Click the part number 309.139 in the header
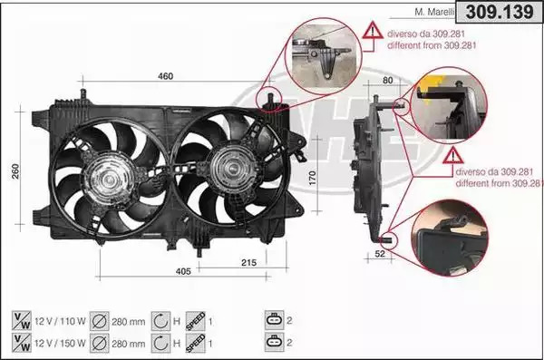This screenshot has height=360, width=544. pyautogui.click(x=500, y=12)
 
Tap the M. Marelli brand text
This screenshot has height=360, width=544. pyautogui.click(x=434, y=12)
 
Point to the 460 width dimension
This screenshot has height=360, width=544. pyautogui.click(x=166, y=76)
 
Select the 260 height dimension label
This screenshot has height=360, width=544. pyautogui.click(x=15, y=171)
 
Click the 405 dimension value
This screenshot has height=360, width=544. pyautogui.click(x=183, y=271)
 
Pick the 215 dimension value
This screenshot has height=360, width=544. pyautogui.click(x=248, y=263)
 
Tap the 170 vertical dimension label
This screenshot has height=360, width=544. pyautogui.click(x=312, y=178)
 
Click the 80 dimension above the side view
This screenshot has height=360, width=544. pyautogui.click(x=387, y=80)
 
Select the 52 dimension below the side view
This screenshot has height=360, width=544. pyautogui.click(x=380, y=254)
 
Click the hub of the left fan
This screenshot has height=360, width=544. pyautogui.click(x=109, y=180)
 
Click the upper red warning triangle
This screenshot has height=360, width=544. pyautogui.click(x=373, y=30)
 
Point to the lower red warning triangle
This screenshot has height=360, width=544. pyautogui.click(x=453, y=156)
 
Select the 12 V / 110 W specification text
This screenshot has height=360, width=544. pyautogui.click(x=60, y=321)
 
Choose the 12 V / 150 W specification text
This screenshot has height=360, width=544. pyautogui.click(x=60, y=344)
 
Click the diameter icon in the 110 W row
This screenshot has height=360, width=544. pyautogui.click(x=100, y=321)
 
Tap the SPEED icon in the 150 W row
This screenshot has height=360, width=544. pyautogui.click(x=195, y=344)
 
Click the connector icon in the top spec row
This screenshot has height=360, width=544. pyautogui.click(x=275, y=320)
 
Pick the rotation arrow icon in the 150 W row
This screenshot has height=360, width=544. pyautogui.click(x=160, y=344)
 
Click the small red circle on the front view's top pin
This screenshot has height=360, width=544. pyautogui.click(x=270, y=99)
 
